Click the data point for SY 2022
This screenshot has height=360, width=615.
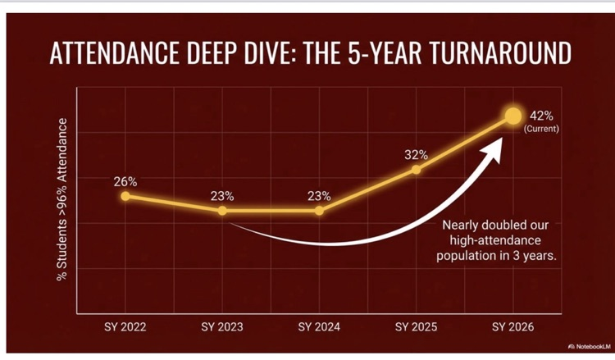click(125, 196)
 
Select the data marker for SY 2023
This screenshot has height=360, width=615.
click(222, 211)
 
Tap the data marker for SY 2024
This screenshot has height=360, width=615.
click(319, 211)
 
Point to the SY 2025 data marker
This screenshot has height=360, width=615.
click(416, 170)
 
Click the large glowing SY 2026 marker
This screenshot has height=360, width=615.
click(512, 116)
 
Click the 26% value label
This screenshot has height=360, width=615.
click(125, 180)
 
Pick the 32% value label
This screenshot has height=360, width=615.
click(416, 154)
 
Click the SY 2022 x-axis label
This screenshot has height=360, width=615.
click(125, 327)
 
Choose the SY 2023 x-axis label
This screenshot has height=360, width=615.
click(222, 327)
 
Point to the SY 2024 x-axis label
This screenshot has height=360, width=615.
click(319, 327)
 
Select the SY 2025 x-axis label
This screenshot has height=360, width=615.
click(416, 327)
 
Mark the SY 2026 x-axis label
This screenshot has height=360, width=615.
click(512, 327)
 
